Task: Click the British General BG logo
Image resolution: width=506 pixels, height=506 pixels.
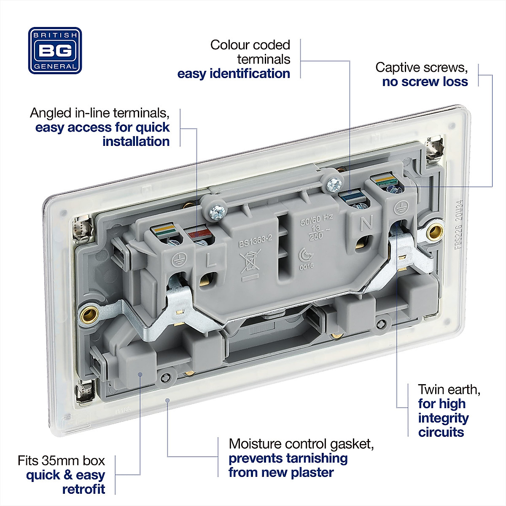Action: pos(55,51)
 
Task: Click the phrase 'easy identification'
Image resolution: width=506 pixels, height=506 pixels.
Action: pos(234,74)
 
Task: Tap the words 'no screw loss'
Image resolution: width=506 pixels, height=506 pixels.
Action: pos(425,82)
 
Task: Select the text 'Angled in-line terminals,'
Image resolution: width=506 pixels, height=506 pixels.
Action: pos(100,113)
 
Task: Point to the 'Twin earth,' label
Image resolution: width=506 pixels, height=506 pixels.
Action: pos(449,389)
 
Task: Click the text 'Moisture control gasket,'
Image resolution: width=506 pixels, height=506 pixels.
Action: pos(301,444)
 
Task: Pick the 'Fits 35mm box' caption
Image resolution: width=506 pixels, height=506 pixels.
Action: pos(61,460)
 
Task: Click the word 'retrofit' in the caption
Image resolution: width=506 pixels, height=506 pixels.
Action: pos(83,490)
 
